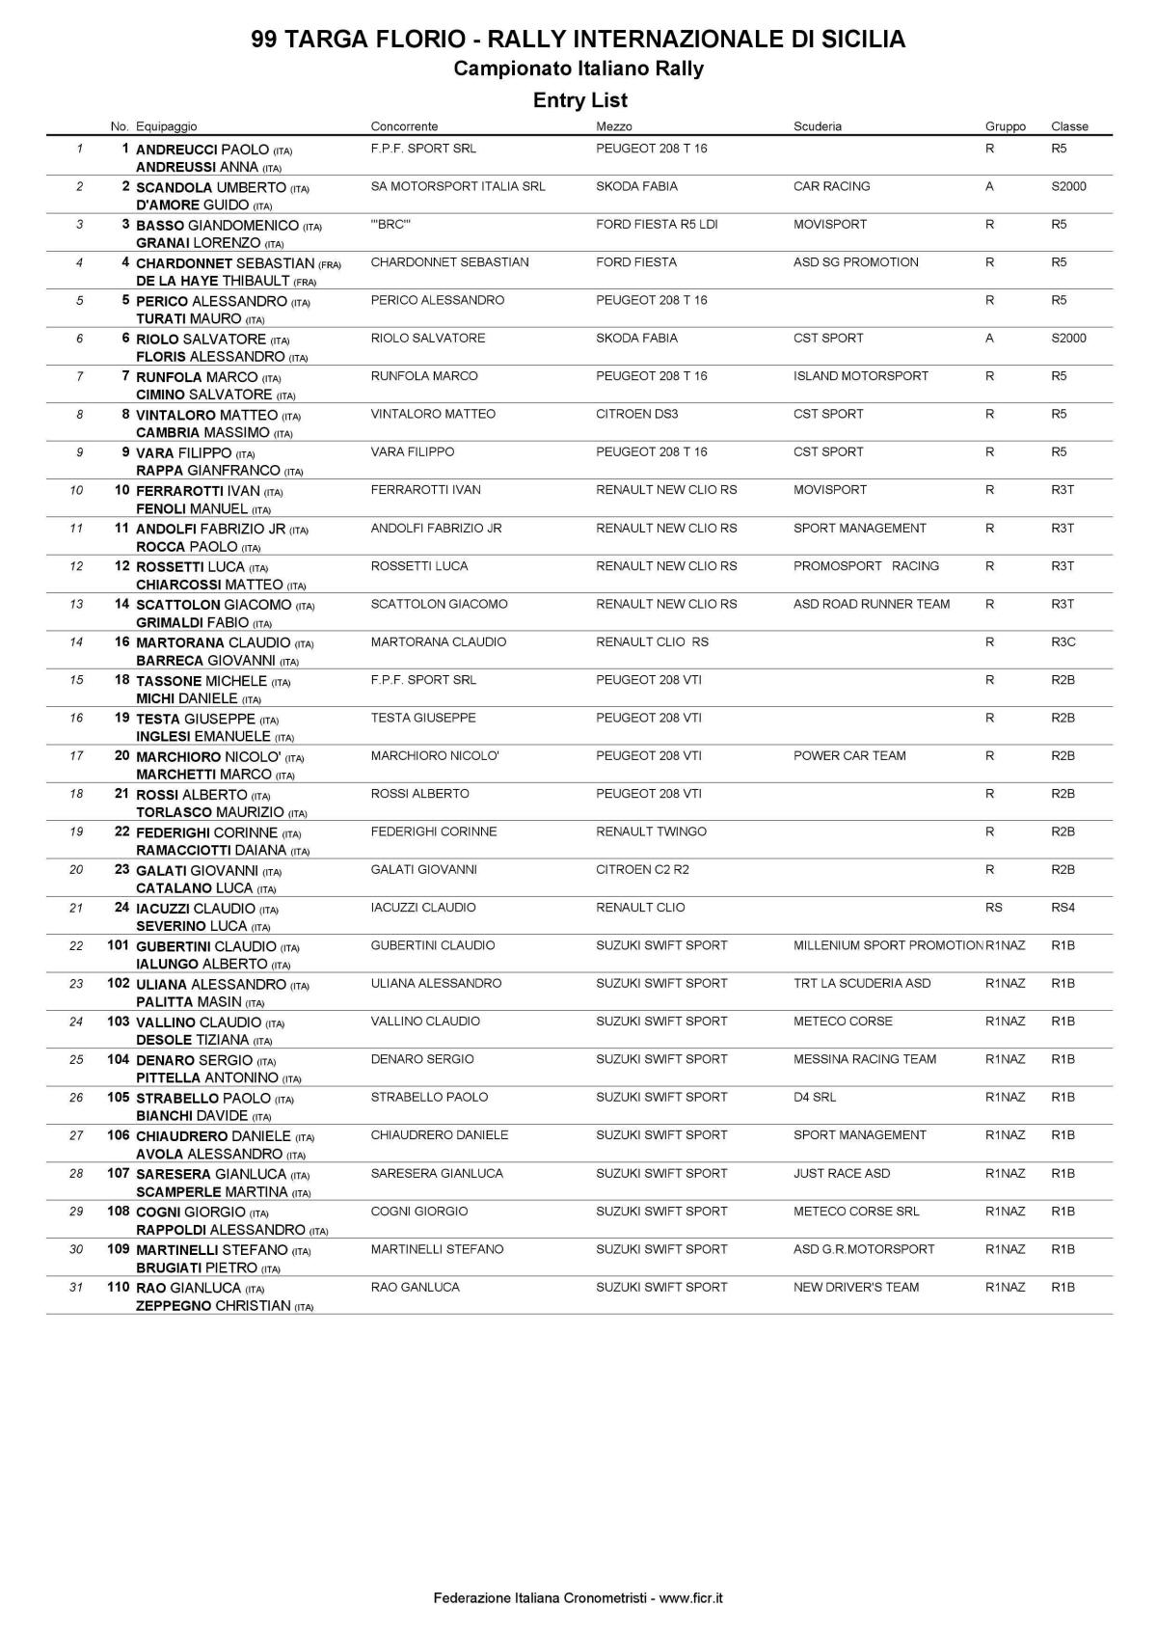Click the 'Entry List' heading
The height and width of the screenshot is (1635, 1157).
click(579, 100)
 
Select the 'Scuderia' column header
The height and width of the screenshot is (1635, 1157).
click(817, 126)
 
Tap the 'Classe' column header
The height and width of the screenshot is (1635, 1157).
click(1069, 126)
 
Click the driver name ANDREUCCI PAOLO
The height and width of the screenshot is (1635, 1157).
click(202, 150)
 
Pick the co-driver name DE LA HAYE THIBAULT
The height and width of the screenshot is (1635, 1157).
click(213, 281)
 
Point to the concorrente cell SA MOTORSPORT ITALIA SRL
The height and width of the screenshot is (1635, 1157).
click(458, 186)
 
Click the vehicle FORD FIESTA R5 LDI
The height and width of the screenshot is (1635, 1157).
click(657, 225)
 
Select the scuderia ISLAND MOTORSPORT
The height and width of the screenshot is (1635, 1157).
click(860, 376)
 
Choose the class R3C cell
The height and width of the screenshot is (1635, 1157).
click(1063, 642)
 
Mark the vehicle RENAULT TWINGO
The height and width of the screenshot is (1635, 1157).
click(651, 831)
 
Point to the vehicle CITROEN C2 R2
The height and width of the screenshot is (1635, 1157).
click(642, 870)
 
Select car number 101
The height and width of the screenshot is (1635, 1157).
click(118, 945)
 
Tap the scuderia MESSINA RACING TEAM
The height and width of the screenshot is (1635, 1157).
click(864, 1059)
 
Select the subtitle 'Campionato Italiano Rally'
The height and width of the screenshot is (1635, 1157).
click(578, 68)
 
